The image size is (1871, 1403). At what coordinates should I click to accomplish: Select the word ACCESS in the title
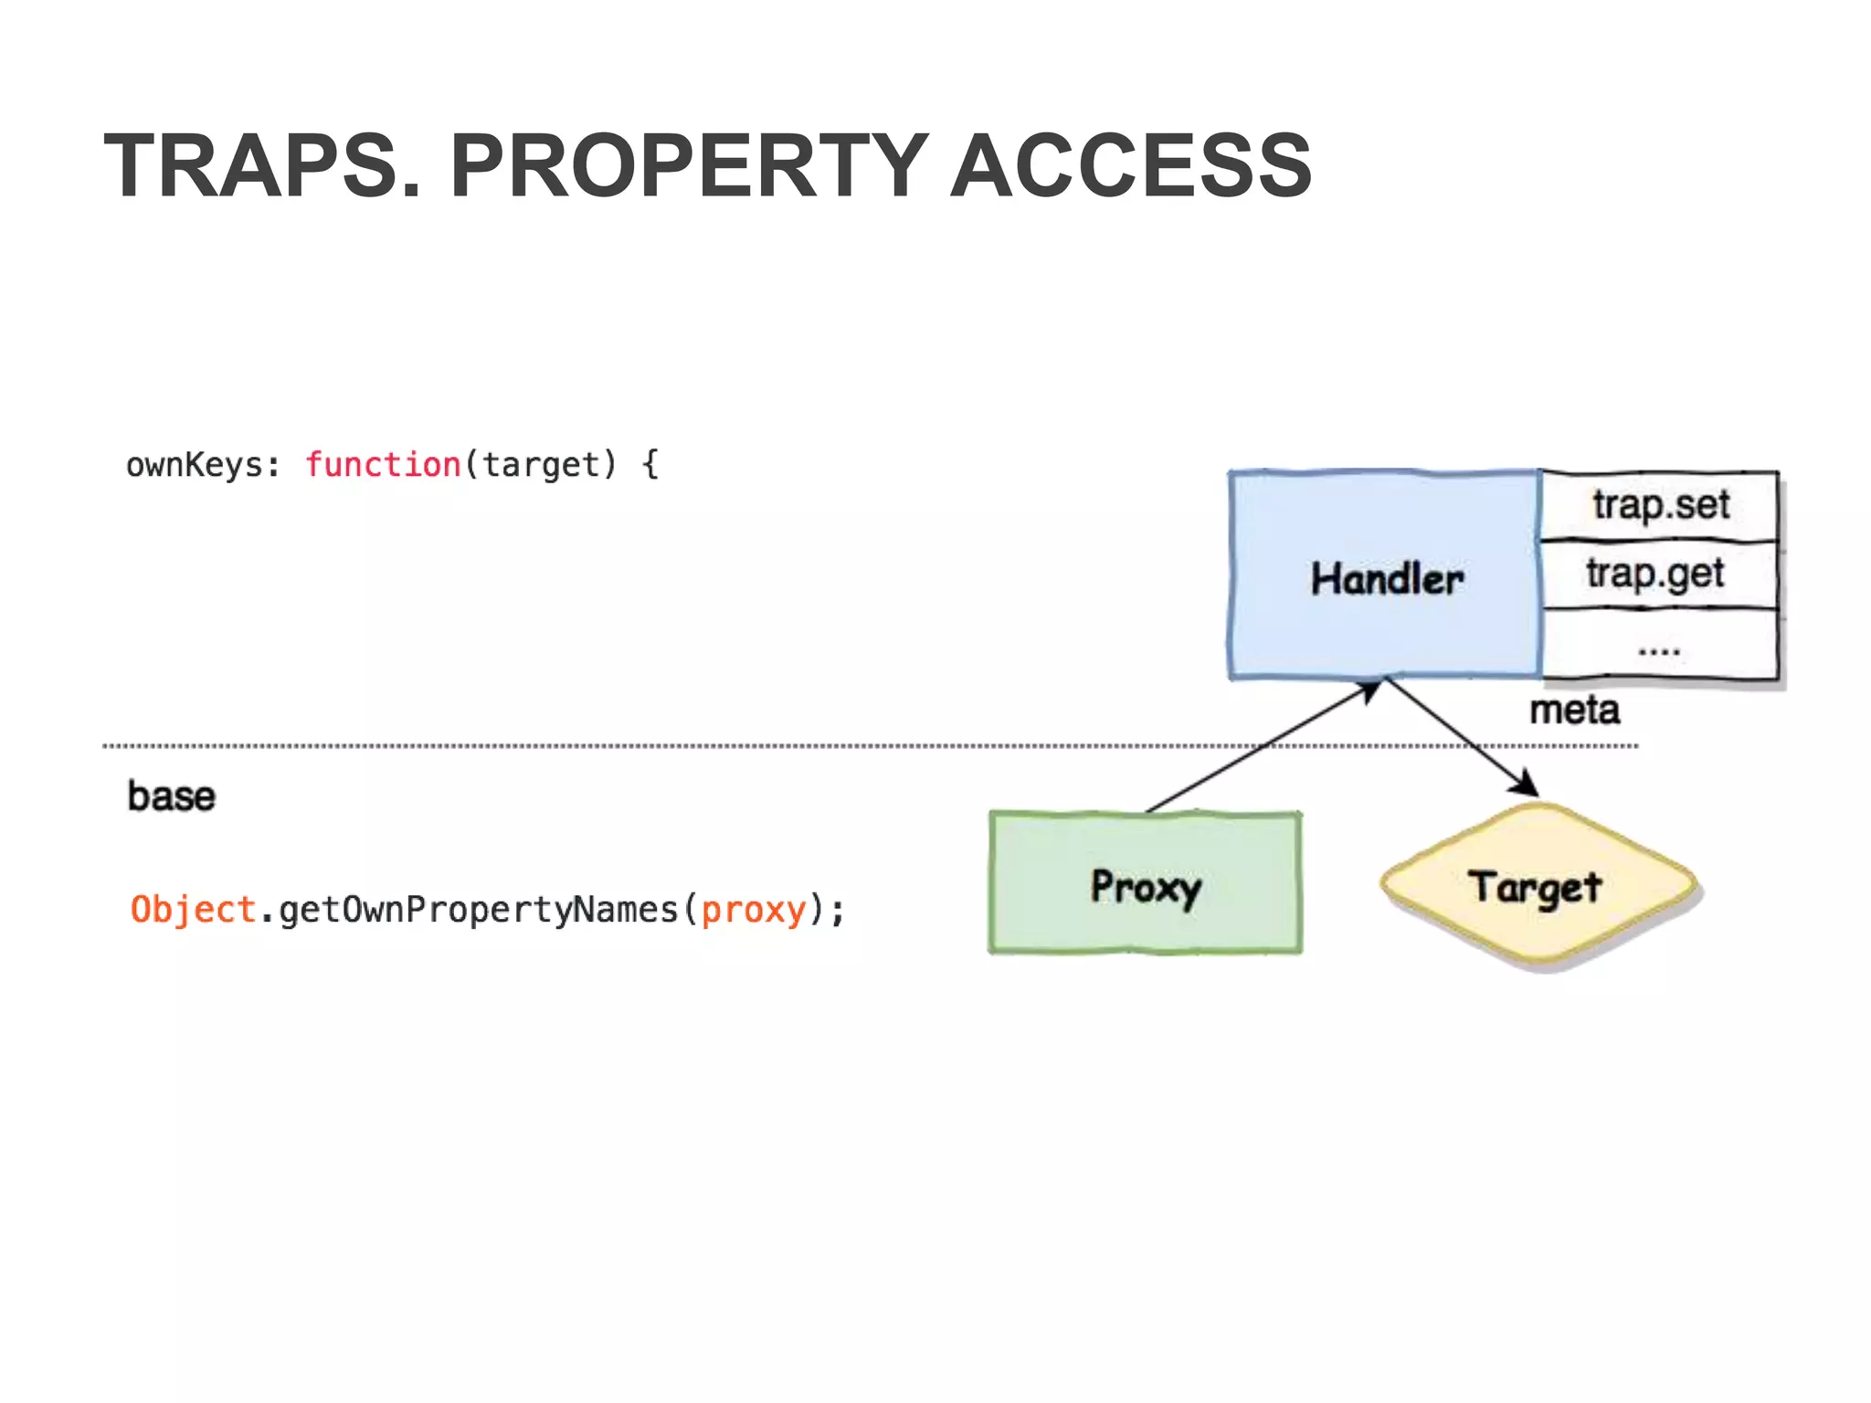pos(1131,165)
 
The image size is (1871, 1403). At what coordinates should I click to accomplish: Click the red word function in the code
pos(383,465)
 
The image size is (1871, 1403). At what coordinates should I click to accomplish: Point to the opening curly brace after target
pos(650,465)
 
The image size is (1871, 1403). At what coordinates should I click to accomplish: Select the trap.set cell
pos(1660,505)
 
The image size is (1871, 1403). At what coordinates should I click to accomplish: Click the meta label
pos(1574,710)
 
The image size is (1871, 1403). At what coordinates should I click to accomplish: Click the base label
pos(171,796)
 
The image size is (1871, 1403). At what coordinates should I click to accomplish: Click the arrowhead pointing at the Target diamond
pos(1526,784)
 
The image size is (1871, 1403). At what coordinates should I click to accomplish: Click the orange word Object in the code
pos(193,910)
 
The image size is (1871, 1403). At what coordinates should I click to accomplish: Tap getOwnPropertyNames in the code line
pos(478,910)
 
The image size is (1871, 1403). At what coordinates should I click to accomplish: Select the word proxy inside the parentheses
pos(754,910)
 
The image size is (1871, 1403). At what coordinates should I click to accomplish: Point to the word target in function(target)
pos(541,465)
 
